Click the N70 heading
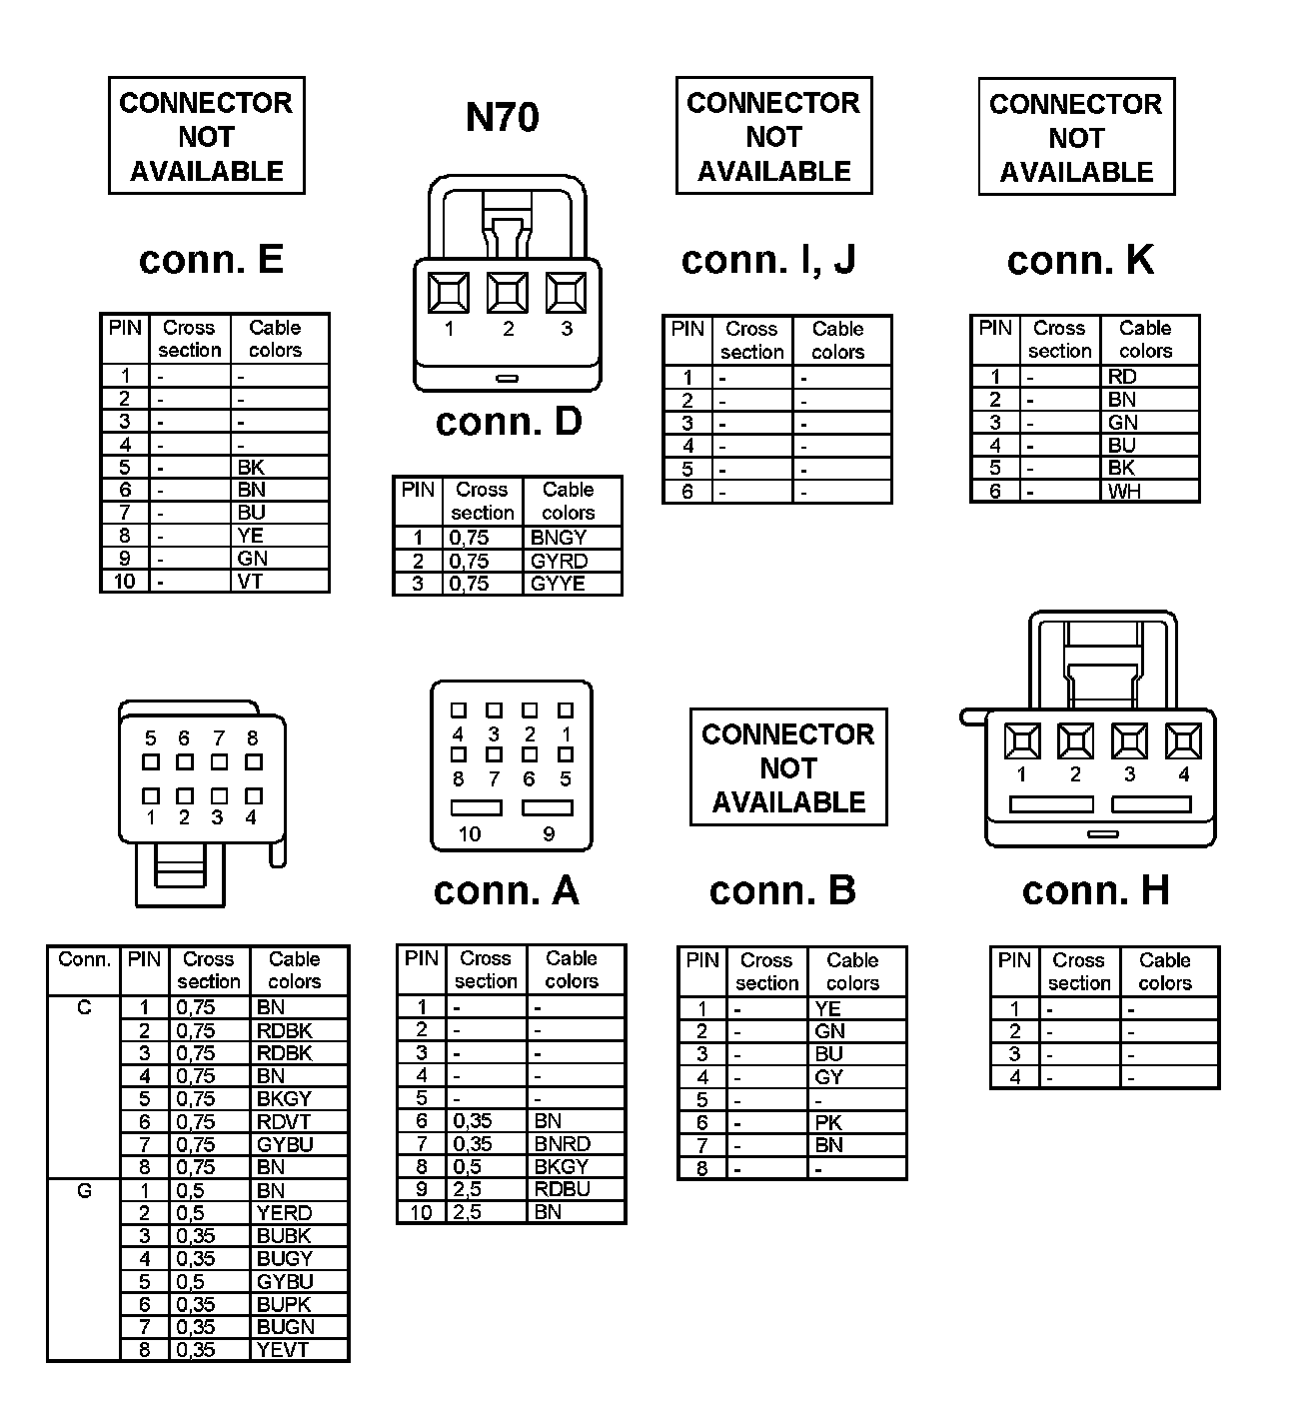point(502,118)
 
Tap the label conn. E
point(211,260)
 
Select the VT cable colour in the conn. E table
point(250,582)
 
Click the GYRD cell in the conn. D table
point(559,561)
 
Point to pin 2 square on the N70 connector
point(508,293)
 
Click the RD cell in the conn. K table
point(1122,377)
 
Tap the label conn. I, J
point(768,260)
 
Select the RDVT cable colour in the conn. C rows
point(284,1122)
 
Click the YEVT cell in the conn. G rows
point(283,1350)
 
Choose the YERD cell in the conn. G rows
point(284,1213)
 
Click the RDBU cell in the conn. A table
point(562,1189)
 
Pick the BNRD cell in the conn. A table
point(562,1144)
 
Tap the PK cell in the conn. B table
point(828,1123)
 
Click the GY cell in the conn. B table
point(828,1077)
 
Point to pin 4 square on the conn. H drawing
point(1183,741)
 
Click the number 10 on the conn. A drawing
point(469,834)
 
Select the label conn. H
point(1095,891)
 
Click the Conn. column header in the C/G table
point(84,960)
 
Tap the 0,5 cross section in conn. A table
point(468,1167)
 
